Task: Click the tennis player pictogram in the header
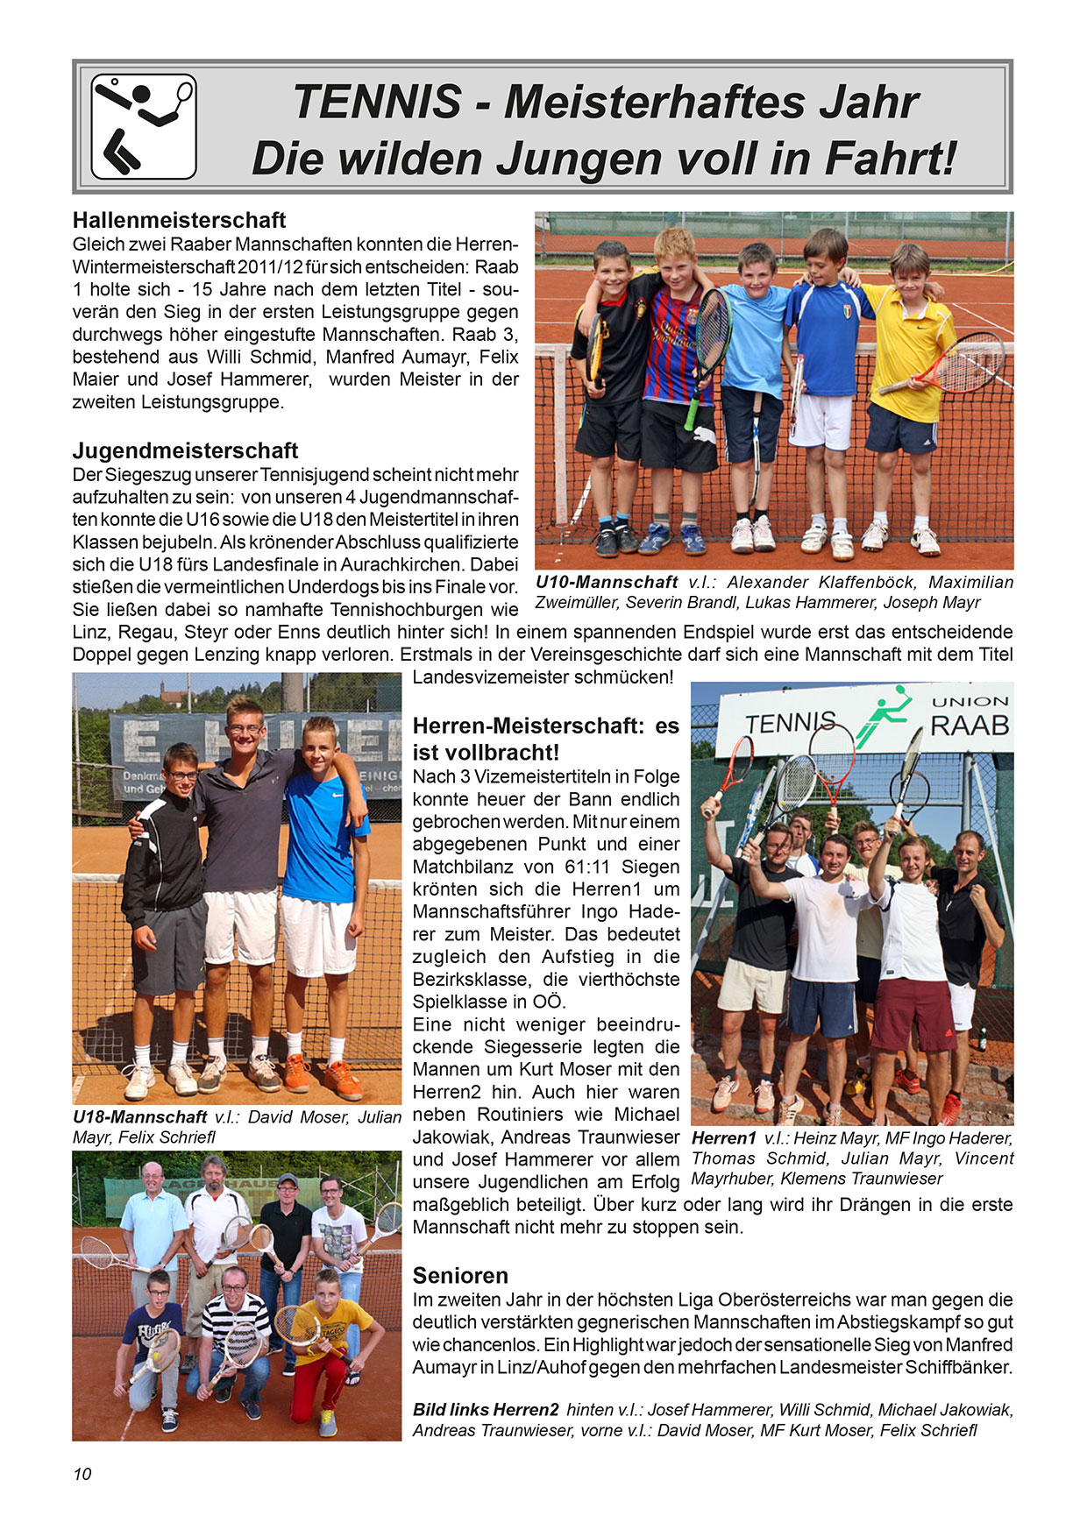point(144,127)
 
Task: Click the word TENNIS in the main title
point(378,103)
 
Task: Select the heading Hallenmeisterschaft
point(180,220)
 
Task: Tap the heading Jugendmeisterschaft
point(185,450)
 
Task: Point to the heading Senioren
point(460,1275)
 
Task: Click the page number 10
point(82,1474)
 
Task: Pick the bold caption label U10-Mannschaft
point(607,582)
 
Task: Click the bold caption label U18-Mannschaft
point(140,1117)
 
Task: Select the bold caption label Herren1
point(724,1138)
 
